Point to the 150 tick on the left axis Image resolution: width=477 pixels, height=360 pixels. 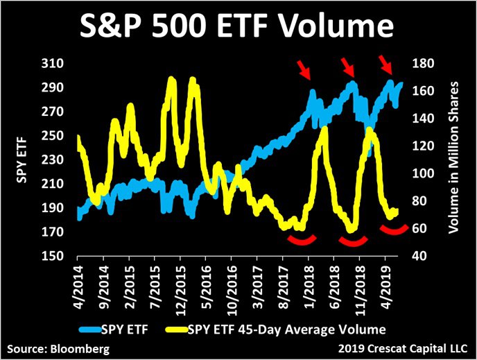coord(51,256)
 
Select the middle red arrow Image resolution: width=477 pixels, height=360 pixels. coord(347,67)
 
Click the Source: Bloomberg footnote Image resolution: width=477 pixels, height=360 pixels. coord(59,348)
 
